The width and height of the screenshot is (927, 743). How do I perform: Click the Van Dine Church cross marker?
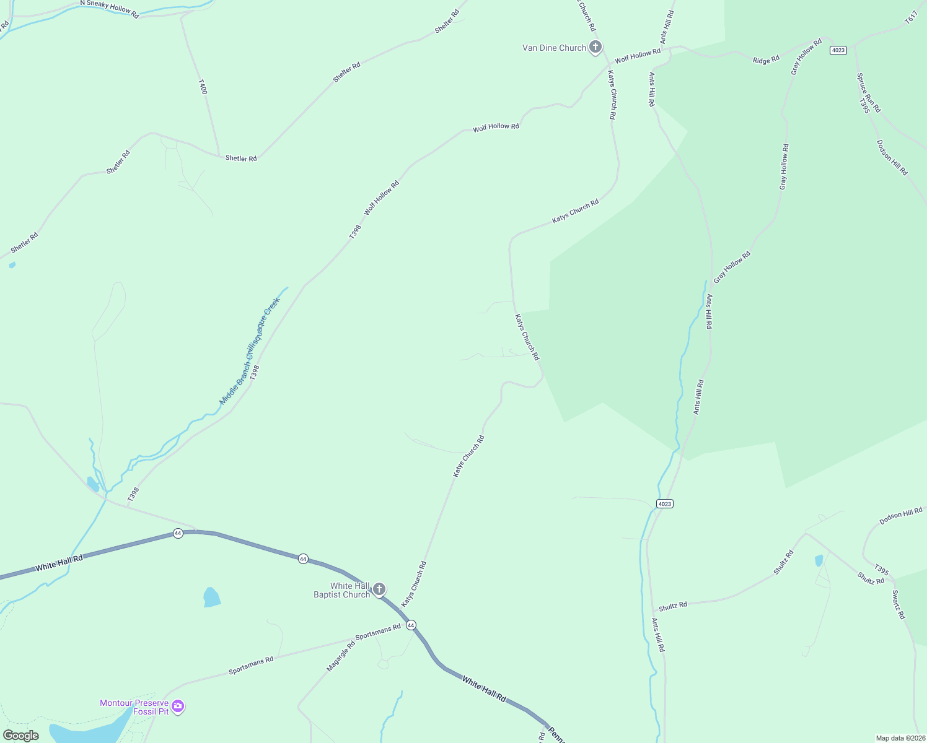point(595,47)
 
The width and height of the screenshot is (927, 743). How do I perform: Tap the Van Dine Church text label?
point(554,48)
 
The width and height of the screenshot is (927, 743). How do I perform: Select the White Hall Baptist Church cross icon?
point(379,589)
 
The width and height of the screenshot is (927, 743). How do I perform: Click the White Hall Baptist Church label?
point(341,590)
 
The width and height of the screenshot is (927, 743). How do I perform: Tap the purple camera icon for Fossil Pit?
point(178,706)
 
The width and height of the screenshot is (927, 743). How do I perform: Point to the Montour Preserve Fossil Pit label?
point(134,707)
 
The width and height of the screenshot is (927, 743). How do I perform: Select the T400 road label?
point(202,87)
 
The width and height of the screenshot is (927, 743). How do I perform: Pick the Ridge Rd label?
point(766,60)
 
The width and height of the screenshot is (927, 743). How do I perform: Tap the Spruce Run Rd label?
point(869,93)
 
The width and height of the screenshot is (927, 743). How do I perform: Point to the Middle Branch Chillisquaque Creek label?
point(250,351)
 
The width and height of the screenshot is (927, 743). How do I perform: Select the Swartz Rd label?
point(898,604)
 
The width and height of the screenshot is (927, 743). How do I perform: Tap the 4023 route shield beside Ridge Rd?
point(838,50)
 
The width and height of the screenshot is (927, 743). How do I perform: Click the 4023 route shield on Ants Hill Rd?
point(664,504)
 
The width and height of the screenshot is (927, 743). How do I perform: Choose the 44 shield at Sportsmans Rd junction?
point(411,625)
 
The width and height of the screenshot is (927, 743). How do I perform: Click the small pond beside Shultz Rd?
point(819,561)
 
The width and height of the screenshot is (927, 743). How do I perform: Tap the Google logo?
point(20,736)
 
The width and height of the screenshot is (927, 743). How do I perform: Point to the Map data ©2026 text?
point(900,738)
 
